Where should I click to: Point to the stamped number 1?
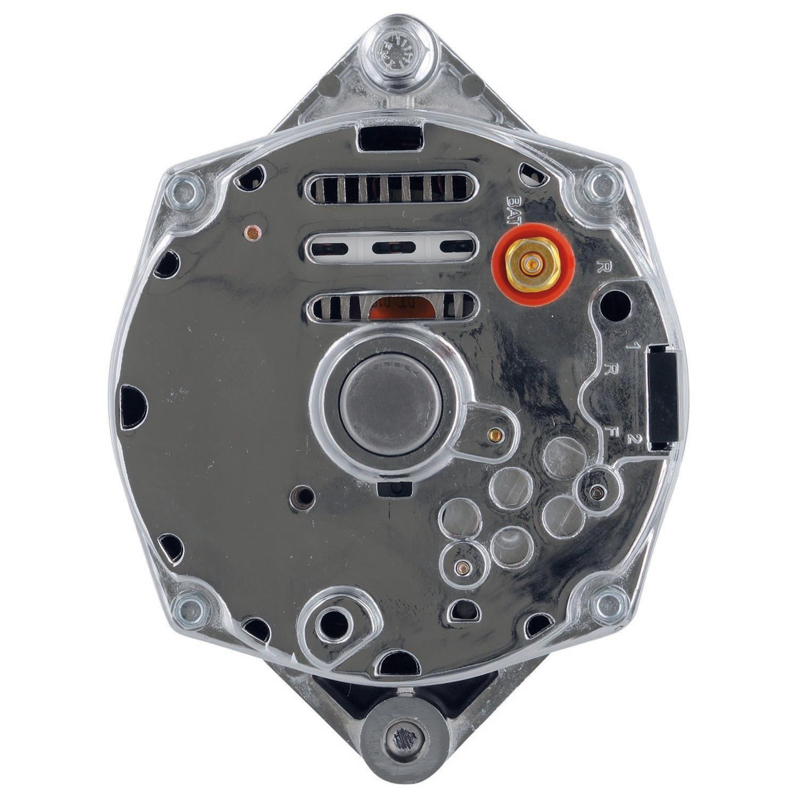click(632, 346)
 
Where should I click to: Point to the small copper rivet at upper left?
click(251, 232)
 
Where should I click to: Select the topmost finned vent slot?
click(389, 190)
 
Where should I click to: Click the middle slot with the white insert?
click(389, 247)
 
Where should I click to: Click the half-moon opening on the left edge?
click(132, 407)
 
